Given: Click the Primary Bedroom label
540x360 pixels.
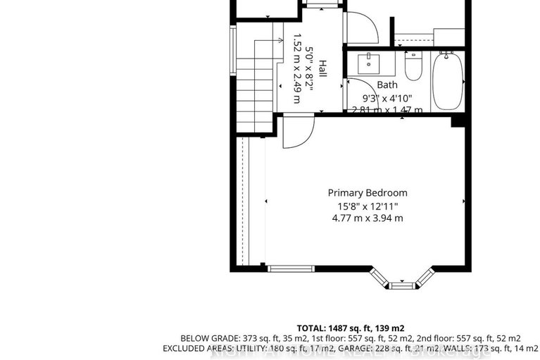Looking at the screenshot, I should click(x=368, y=192).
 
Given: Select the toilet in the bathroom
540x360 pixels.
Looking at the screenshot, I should click(x=413, y=66).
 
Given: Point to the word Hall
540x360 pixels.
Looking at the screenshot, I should click(x=322, y=68).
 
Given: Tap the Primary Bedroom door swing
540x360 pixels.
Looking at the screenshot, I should click(x=296, y=132).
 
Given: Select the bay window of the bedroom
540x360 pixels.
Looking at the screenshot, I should click(x=402, y=280).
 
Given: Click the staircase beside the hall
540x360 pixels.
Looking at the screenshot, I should click(x=254, y=81).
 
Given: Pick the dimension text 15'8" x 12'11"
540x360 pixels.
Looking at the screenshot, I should click(x=368, y=206).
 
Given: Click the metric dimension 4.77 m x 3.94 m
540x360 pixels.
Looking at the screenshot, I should click(x=368, y=218).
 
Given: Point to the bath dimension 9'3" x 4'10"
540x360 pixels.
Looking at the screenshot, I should click(x=387, y=98).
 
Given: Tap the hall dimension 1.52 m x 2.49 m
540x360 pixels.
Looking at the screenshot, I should click(x=297, y=68).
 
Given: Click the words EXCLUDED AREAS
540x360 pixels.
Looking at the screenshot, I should click(x=194, y=349).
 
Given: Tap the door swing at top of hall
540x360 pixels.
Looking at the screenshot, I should click(x=360, y=27).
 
